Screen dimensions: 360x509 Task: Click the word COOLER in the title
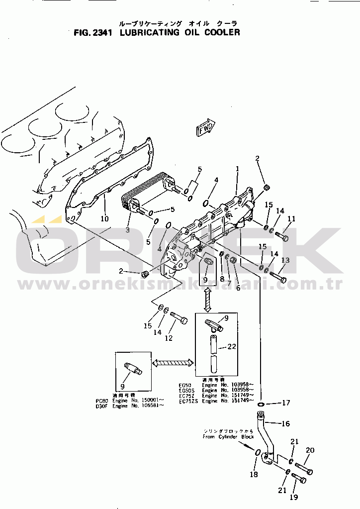click(221, 33)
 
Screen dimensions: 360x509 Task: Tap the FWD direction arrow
click(205, 129)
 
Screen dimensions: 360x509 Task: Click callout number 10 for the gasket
click(104, 218)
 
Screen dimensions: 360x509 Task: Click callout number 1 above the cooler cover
click(238, 169)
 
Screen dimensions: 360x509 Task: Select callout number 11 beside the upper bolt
click(291, 218)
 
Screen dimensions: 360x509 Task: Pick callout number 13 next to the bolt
click(285, 260)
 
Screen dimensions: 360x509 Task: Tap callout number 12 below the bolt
click(169, 338)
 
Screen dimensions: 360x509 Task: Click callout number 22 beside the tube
click(232, 347)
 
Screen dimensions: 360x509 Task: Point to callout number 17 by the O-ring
click(286, 403)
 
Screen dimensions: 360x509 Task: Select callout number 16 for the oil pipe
click(285, 424)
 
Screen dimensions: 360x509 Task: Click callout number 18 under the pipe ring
click(254, 475)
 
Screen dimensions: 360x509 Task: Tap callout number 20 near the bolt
click(310, 451)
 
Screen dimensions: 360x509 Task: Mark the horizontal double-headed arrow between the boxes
click(173, 364)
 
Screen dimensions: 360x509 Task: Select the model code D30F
click(102, 406)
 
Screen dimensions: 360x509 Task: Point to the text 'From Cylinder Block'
click(228, 437)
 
